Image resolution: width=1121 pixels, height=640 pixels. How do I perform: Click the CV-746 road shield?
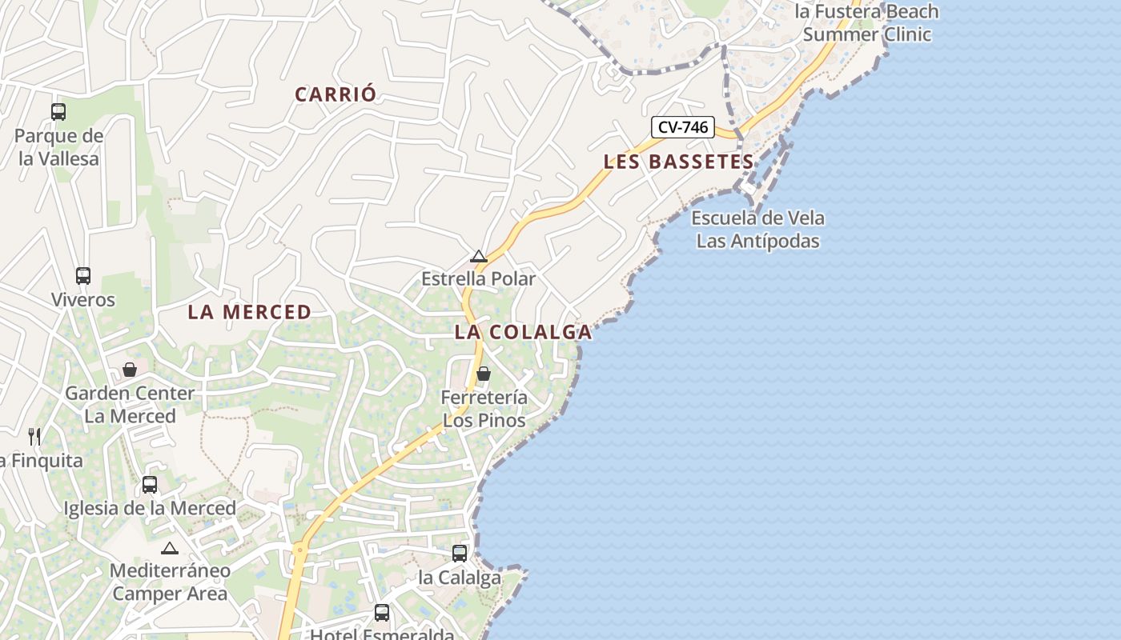pos(682,126)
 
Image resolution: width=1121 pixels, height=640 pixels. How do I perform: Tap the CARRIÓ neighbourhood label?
pos(335,94)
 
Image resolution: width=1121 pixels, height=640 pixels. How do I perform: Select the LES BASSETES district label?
pos(678,162)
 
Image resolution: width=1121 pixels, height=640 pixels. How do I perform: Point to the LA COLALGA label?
pos(524,332)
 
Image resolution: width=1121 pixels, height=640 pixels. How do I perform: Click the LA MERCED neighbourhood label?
pos(250,312)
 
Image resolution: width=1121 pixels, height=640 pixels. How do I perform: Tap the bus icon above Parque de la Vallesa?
pos(58,111)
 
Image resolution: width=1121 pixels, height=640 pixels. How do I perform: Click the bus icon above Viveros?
pos(83,276)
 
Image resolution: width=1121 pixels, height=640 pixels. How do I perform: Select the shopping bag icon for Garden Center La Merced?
pos(130,370)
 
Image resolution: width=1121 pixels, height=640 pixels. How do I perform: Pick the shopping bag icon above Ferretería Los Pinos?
pos(484,374)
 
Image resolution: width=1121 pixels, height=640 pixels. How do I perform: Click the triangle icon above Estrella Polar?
pos(479,257)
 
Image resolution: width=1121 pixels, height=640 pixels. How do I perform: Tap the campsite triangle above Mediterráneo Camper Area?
pos(169,549)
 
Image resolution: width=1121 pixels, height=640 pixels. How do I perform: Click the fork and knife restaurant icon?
pos(34,436)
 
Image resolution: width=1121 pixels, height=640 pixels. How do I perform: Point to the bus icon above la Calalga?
pos(460,553)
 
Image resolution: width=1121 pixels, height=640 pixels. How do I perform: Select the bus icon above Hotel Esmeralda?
pos(382,613)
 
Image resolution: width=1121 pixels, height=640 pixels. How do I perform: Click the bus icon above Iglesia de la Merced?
pos(150,484)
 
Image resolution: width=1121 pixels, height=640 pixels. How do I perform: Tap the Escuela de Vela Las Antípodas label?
pos(757,230)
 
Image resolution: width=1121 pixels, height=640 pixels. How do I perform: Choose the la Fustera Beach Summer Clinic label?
pos(866,23)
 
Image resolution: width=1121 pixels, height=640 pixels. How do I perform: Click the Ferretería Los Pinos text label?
pos(484,409)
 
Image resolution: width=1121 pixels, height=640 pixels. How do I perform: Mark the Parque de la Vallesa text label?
pos(59,147)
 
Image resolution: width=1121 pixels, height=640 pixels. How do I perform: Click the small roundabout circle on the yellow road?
pos(300,550)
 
